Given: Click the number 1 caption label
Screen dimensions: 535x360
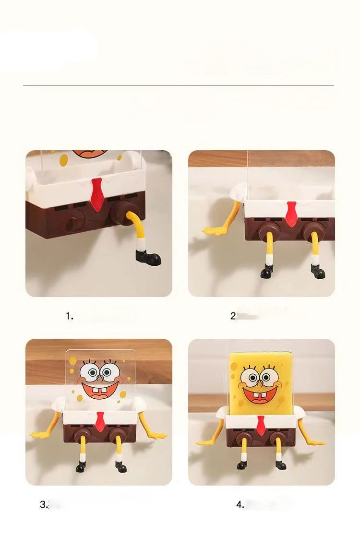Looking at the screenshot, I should pos(69,316).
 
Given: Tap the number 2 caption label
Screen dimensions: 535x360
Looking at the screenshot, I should pos(233,316).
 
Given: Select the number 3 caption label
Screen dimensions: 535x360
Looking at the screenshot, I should pos(44,504).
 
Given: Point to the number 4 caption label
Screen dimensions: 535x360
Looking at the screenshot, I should pos(240,504).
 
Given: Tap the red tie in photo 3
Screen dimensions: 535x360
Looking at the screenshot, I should pos(99,421).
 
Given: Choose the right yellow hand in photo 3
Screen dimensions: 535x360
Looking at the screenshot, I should pos(157,435).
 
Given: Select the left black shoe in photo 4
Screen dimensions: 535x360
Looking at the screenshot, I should pos(242,465).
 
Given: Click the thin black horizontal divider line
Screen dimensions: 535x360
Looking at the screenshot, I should pos(178,85).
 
